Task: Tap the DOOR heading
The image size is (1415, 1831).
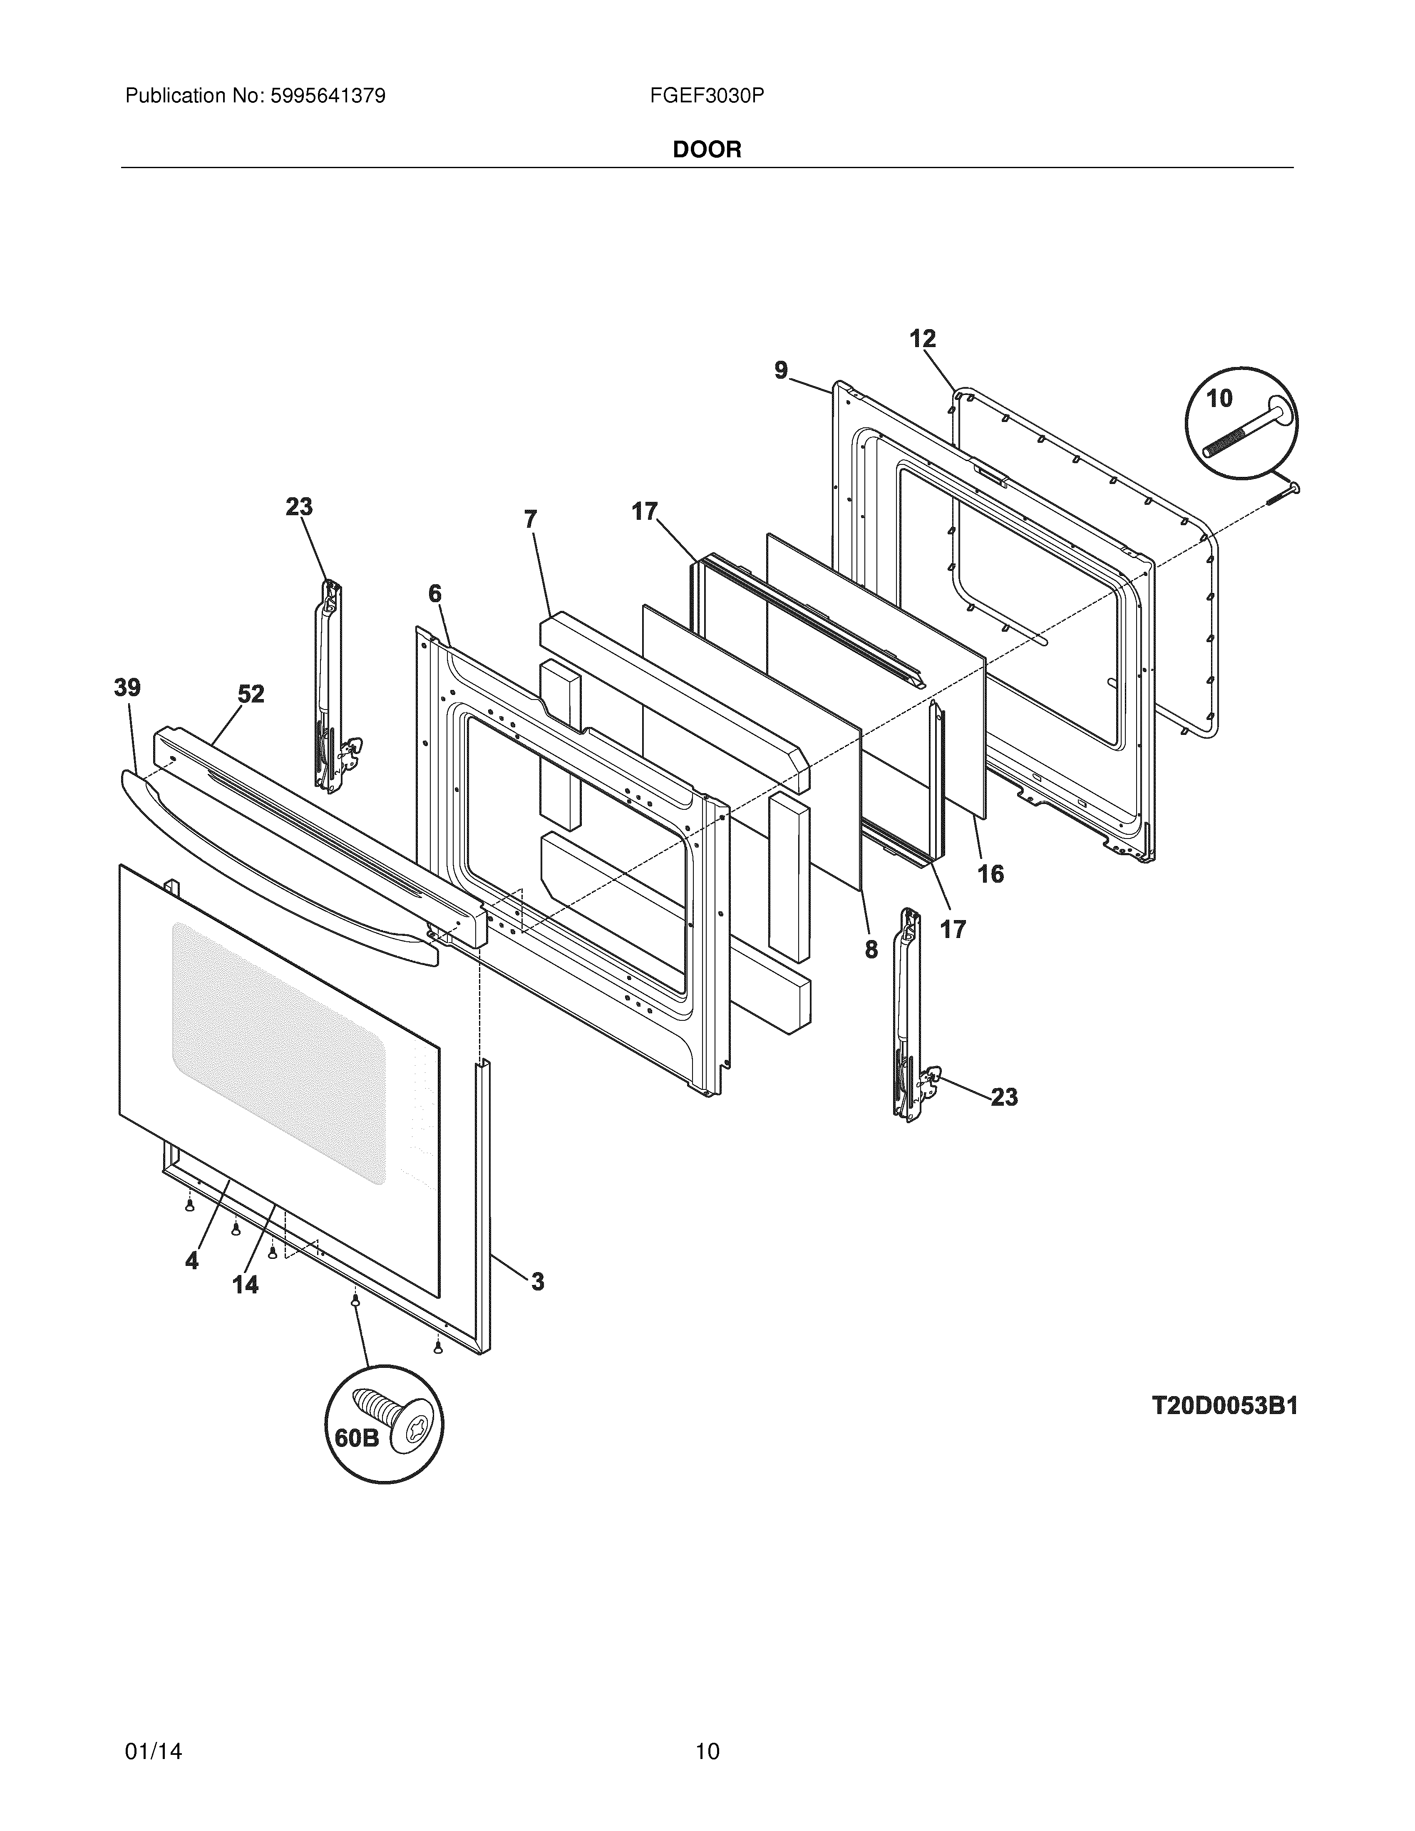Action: (x=707, y=150)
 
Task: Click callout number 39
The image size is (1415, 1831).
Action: (x=127, y=688)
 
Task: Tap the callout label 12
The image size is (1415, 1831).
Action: (x=922, y=339)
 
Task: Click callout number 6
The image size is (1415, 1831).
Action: (x=434, y=593)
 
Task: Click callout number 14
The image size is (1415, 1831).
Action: (x=246, y=1284)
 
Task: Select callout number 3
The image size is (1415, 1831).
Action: (x=536, y=1281)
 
